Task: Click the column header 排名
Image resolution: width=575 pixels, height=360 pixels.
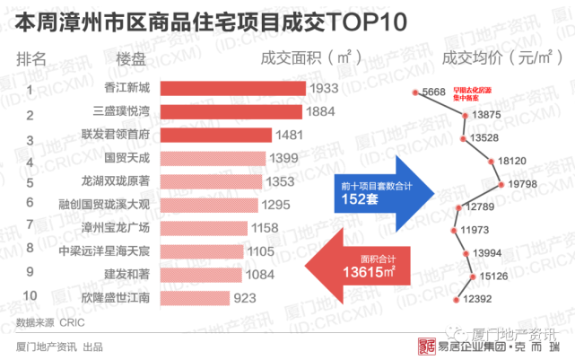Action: pos(32,59)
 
